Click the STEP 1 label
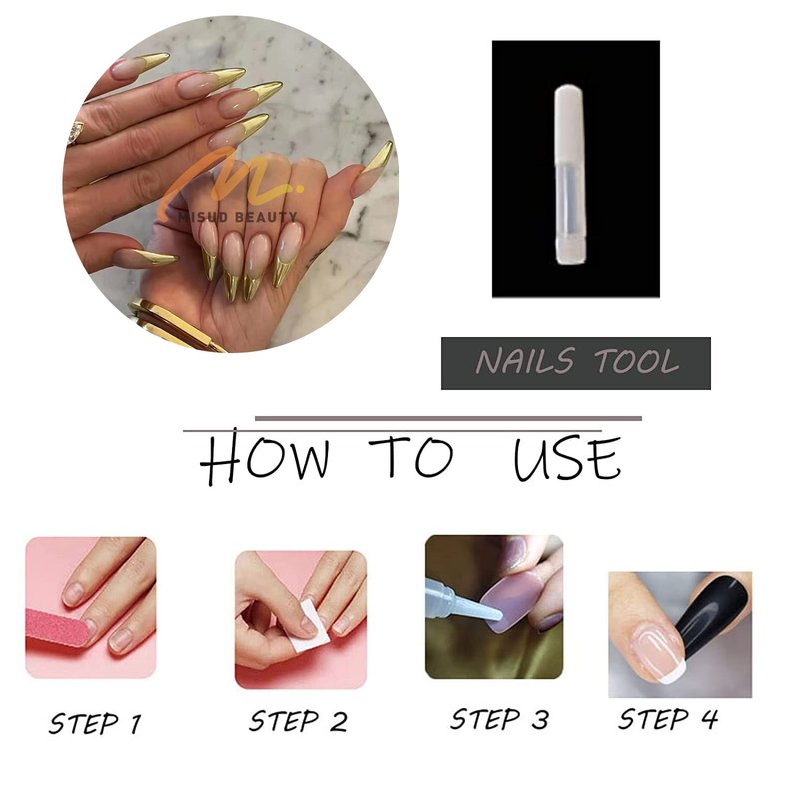(95, 723)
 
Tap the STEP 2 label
(298, 721)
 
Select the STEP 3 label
(500, 719)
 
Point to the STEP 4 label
(668, 719)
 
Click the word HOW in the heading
(264, 456)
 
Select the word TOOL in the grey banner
(636, 361)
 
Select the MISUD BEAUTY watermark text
(238, 217)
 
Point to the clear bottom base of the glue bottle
(569, 250)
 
